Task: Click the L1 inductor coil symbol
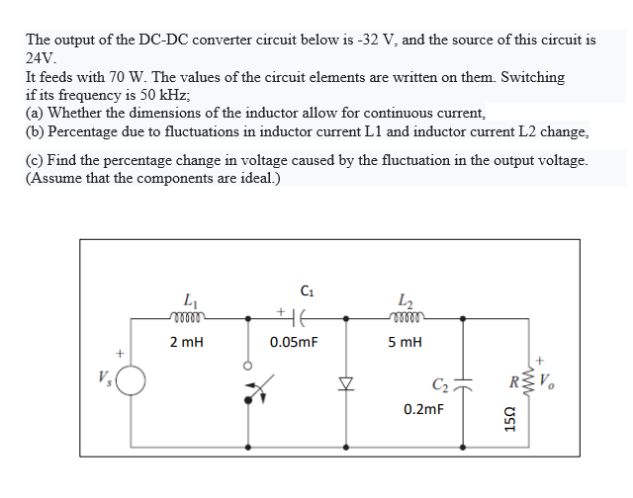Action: pos(189,318)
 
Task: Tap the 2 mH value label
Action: pos(188,342)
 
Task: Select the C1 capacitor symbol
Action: pos(303,317)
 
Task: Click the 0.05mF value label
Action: pos(294,342)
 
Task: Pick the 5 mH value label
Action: pos(407,342)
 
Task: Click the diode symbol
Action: pos(346,380)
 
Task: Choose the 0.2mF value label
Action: pos(423,407)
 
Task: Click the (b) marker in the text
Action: pos(36,131)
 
